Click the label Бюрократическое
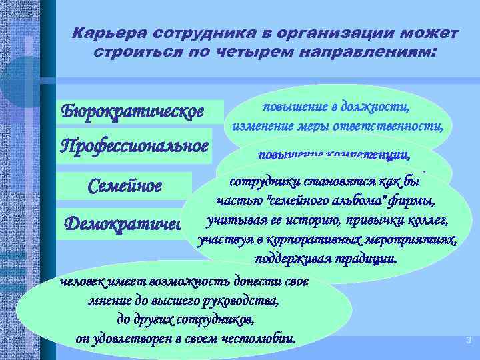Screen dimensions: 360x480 pyautogui.click(x=133, y=110)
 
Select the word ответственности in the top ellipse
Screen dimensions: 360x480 pyautogui.click(x=399, y=125)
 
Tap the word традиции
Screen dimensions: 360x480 pyautogui.click(x=364, y=258)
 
